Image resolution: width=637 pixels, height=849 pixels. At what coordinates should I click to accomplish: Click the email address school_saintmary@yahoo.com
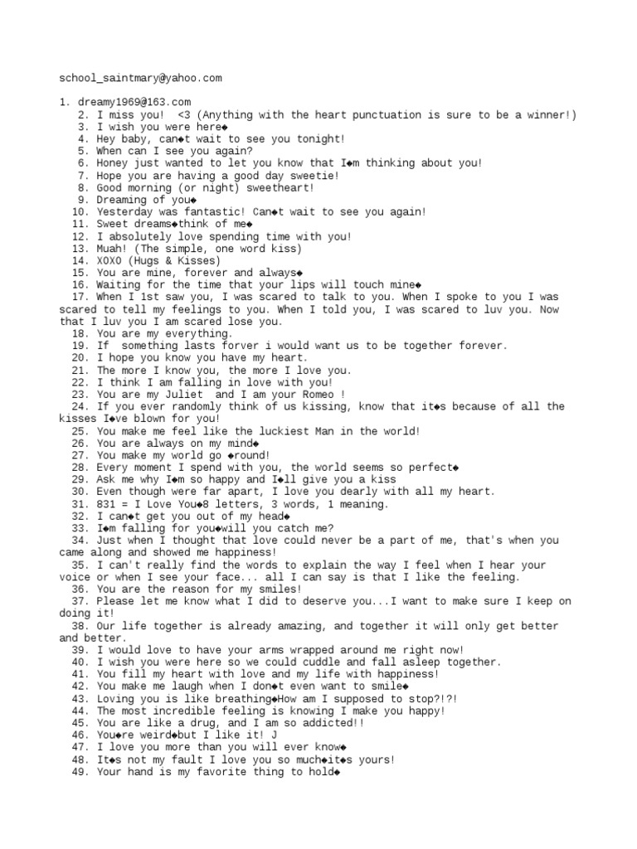click(140, 78)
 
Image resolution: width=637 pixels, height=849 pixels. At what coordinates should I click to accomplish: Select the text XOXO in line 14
click(109, 260)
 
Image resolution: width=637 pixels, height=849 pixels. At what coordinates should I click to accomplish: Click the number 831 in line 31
click(106, 504)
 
